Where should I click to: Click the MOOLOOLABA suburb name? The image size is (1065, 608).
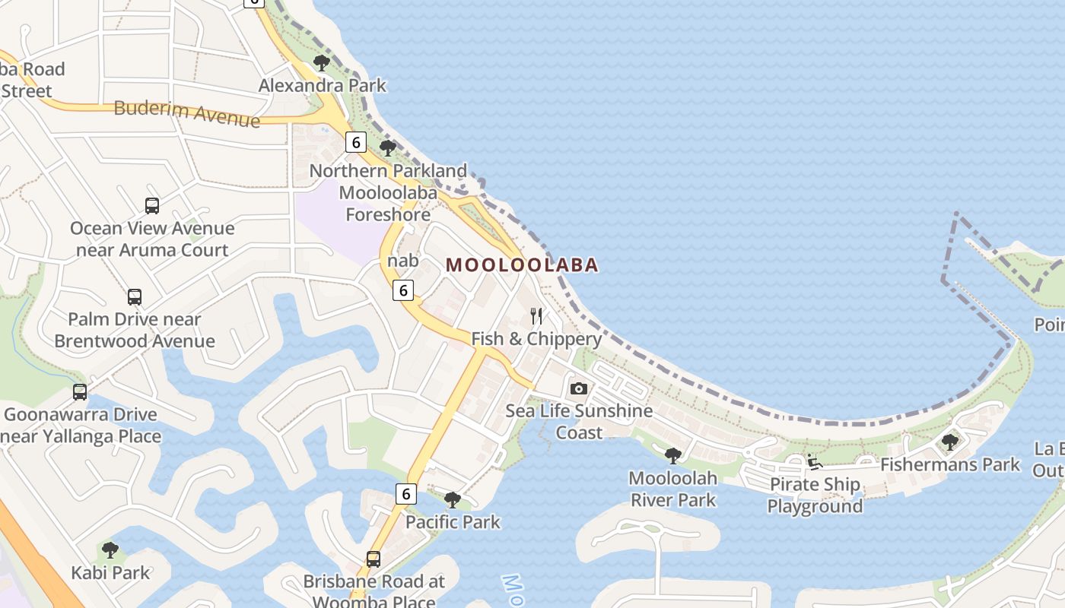(x=522, y=265)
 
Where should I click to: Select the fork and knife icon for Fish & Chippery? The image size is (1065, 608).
(x=536, y=316)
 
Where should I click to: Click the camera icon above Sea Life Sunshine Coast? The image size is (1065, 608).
(x=579, y=388)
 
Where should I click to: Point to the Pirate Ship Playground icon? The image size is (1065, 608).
(x=814, y=461)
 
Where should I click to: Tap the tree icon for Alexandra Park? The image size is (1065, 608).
(x=322, y=63)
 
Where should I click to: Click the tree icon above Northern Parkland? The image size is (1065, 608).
(x=388, y=148)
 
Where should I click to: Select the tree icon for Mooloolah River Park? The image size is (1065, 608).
(x=672, y=456)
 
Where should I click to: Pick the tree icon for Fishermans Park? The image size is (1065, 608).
(x=949, y=442)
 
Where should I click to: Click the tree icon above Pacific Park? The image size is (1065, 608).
(x=453, y=499)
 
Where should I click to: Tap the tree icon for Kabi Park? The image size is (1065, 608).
(x=110, y=549)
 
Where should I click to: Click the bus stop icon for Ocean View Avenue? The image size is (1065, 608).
(x=152, y=205)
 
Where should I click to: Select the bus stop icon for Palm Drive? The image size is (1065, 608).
(x=135, y=296)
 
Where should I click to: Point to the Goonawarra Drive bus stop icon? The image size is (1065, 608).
(x=80, y=392)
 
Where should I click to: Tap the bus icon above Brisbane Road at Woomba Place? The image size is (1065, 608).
(x=373, y=559)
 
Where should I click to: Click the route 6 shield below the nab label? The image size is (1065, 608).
(x=403, y=290)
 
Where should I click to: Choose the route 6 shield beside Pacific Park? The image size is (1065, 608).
(x=406, y=494)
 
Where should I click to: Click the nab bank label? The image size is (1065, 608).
(x=403, y=261)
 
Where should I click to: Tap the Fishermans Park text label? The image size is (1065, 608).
(x=950, y=464)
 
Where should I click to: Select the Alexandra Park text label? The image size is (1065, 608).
(x=323, y=85)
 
